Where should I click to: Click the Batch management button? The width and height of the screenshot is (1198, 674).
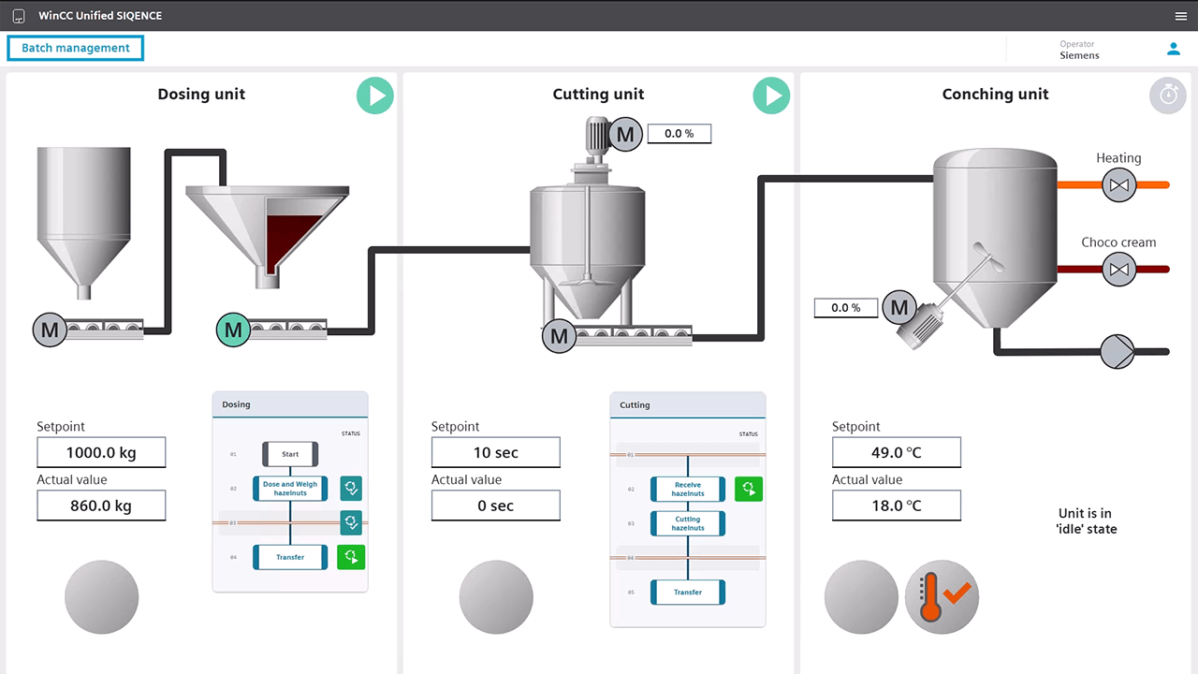pos(76,48)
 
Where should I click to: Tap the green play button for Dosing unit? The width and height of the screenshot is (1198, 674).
pos(375,95)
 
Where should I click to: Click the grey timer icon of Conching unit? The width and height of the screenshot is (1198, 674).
pos(1167,95)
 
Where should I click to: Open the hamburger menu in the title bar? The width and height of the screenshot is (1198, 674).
pos(1181,16)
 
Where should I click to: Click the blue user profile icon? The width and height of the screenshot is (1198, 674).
pos(1174,50)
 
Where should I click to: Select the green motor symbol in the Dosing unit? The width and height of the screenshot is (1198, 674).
pos(233,330)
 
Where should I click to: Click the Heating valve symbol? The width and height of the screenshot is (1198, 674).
pos(1118,185)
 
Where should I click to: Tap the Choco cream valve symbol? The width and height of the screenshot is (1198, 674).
pos(1118,269)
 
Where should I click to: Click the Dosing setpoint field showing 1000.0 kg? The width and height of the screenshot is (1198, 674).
pos(101,452)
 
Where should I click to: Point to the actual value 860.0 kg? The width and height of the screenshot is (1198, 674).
pos(101,505)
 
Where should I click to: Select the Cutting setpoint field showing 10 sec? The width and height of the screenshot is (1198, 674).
pos(496,452)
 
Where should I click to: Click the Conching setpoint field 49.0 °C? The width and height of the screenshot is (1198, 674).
pos(897,452)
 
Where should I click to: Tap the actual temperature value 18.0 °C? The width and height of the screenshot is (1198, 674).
pos(897,505)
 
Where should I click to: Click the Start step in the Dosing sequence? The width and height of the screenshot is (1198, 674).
pos(290,454)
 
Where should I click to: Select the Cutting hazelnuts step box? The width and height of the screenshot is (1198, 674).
pos(688,523)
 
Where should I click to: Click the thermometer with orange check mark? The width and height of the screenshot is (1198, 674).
pos(942,597)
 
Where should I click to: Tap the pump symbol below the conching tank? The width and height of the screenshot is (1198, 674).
pos(1118,351)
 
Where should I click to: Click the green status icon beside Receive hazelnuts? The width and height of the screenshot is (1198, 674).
pos(749,489)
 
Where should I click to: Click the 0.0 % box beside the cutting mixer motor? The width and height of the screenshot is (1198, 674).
pos(679,134)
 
